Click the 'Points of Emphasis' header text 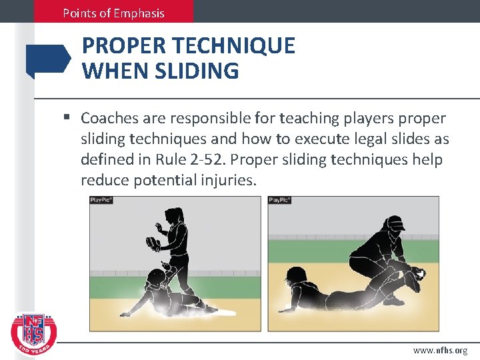[x=113, y=13]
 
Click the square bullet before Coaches [x=67, y=119]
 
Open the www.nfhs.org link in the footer [x=440, y=350]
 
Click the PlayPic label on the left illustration [x=102, y=200]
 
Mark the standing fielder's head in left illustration [x=175, y=215]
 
